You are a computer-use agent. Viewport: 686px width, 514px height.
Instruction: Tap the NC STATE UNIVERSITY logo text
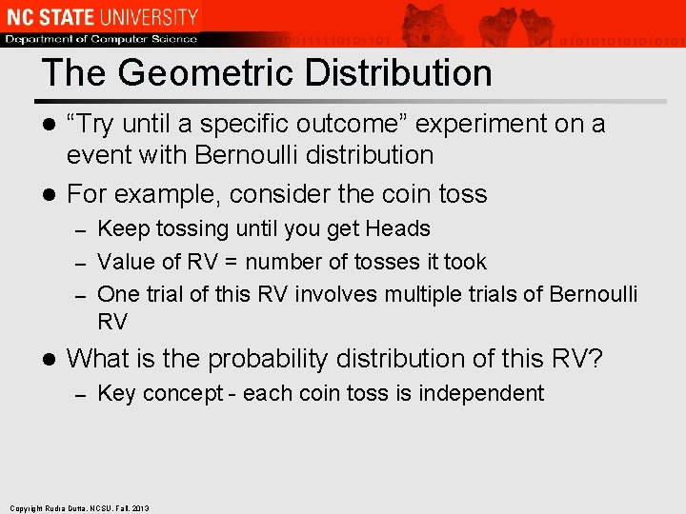(101, 16)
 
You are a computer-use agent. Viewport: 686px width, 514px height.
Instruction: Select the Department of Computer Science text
(101, 39)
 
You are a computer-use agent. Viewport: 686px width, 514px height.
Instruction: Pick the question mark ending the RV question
(595, 359)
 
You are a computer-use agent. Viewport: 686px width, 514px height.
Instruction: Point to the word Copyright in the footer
(27, 508)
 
